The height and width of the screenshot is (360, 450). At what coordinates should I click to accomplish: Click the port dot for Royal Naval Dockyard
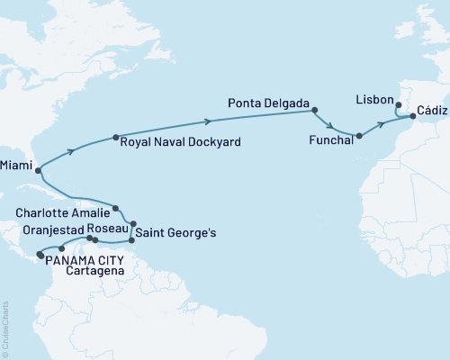click(115, 138)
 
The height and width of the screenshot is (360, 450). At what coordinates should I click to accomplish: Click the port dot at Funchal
click(358, 137)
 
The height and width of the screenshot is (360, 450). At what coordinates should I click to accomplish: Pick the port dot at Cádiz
click(413, 116)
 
